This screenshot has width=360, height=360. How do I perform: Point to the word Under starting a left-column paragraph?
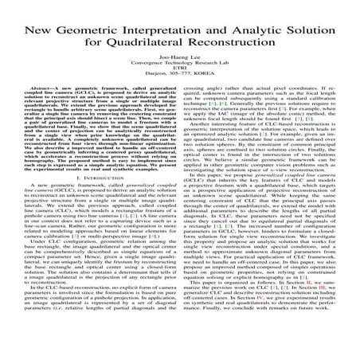click(33, 263)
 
